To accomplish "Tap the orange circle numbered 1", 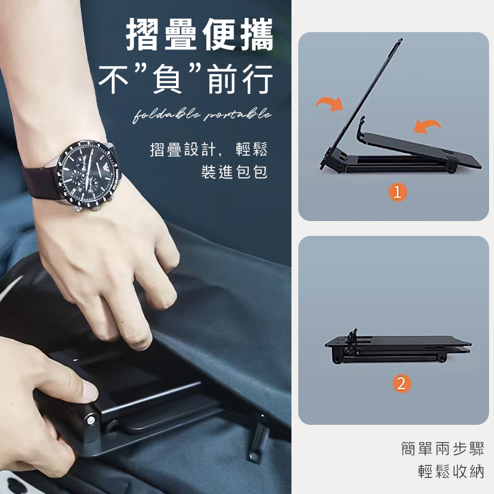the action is tap(397, 192).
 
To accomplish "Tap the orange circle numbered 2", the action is tap(401, 383).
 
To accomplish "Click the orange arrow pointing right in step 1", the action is tap(330, 104).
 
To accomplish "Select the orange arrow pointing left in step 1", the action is tap(427, 126).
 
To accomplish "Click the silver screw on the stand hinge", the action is tap(91, 419).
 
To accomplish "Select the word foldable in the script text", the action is tap(166, 115).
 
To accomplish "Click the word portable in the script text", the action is tap(238, 115).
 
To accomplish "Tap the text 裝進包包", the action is tap(234, 172).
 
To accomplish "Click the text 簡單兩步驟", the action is tap(442, 448).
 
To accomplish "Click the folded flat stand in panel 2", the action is tap(398, 347).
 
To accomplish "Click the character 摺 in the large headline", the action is tap(143, 35).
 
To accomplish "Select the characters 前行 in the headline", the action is tap(240, 79).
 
